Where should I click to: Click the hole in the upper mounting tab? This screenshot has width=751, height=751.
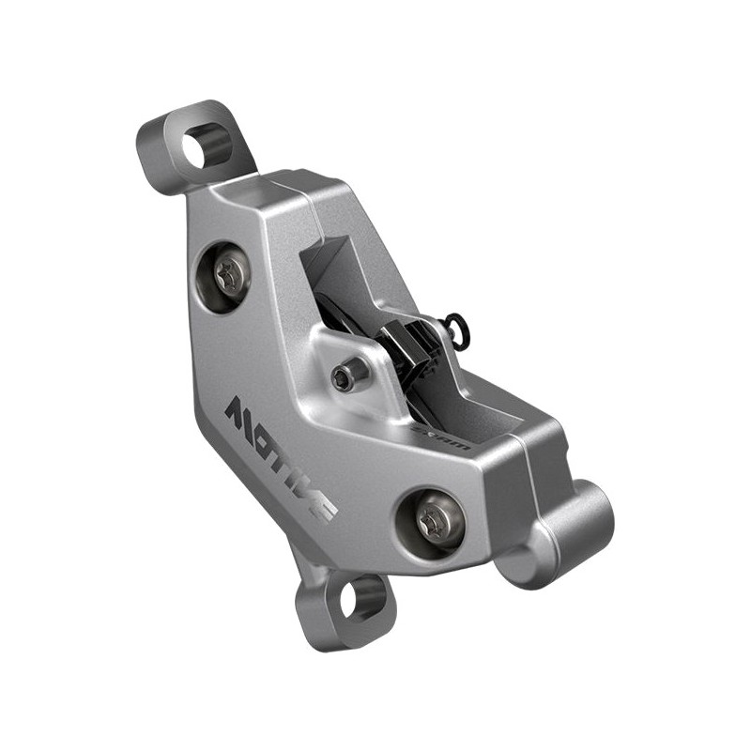(205, 146)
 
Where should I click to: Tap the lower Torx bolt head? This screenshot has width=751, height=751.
(432, 518)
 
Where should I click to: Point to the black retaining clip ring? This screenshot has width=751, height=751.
(457, 327)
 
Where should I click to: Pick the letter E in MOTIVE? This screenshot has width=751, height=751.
(321, 508)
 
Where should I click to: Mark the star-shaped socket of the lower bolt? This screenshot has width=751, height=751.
(432, 518)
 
